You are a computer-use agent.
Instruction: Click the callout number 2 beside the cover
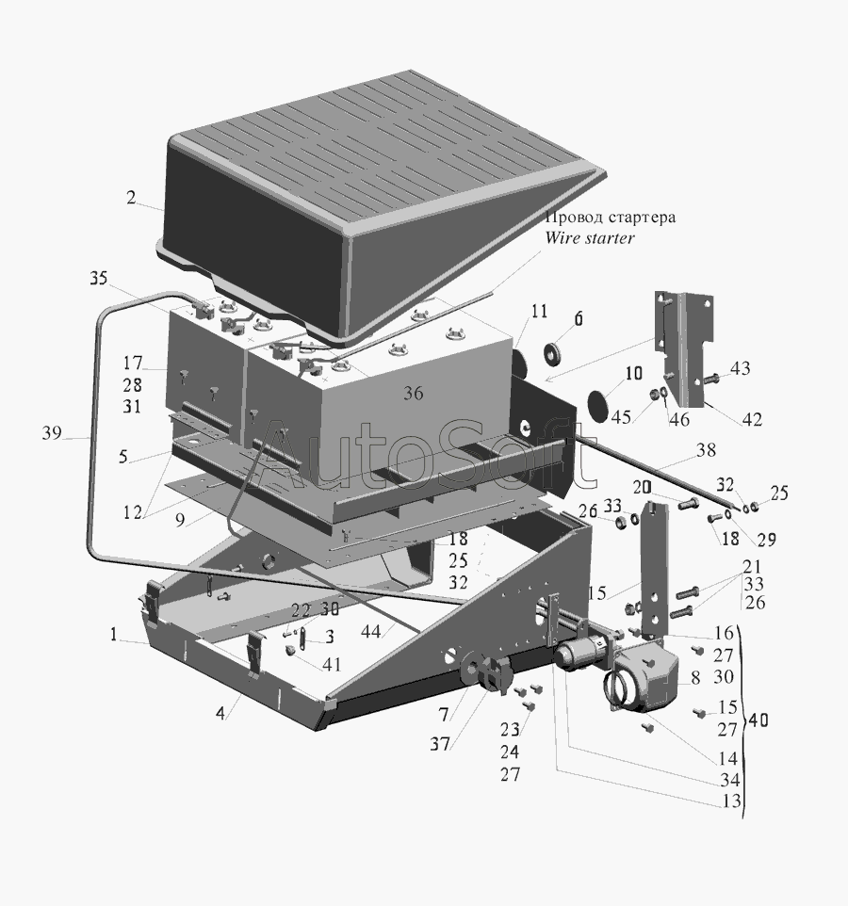click(x=131, y=198)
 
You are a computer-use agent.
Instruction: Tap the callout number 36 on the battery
click(x=413, y=394)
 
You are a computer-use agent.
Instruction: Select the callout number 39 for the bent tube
click(x=52, y=433)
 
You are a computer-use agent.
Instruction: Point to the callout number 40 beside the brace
click(x=758, y=720)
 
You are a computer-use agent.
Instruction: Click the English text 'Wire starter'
click(x=590, y=237)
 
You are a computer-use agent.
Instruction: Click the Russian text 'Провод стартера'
click(x=611, y=218)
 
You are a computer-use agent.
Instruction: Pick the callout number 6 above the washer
click(x=579, y=318)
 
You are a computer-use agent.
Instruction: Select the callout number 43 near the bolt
click(x=740, y=368)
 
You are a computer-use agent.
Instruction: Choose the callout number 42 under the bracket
click(x=752, y=419)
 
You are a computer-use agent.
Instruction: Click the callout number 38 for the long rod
click(x=706, y=450)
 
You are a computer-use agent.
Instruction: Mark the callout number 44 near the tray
click(x=370, y=632)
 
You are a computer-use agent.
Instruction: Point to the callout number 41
click(x=332, y=665)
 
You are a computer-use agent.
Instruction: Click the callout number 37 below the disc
click(x=440, y=744)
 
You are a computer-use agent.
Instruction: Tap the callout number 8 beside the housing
click(x=695, y=677)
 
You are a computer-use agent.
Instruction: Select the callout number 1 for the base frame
click(x=114, y=635)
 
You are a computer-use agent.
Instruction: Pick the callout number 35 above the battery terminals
click(x=99, y=278)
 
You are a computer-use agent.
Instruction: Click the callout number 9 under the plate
click(x=180, y=520)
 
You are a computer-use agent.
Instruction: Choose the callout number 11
click(x=539, y=312)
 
